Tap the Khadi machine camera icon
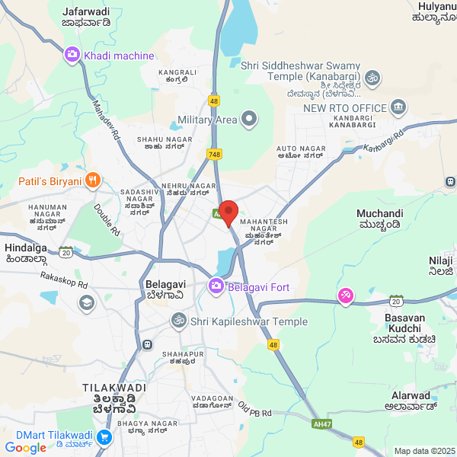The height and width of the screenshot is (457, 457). click(x=72, y=55)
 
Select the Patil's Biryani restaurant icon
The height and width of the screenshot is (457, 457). click(x=92, y=181)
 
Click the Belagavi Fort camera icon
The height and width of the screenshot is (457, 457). click(x=216, y=286)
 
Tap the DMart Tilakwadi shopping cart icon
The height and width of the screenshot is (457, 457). click(x=104, y=437)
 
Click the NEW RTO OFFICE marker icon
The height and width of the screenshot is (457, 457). click(x=398, y=108)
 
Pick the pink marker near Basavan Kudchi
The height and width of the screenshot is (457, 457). click(x=346, y=296)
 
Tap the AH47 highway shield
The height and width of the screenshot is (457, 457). click(x=321, y=424)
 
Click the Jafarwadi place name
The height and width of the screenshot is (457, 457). click(x=86, y=11)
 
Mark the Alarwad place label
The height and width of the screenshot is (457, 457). click(x=411, y=395)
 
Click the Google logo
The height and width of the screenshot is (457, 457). click(x=25, y=448)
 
